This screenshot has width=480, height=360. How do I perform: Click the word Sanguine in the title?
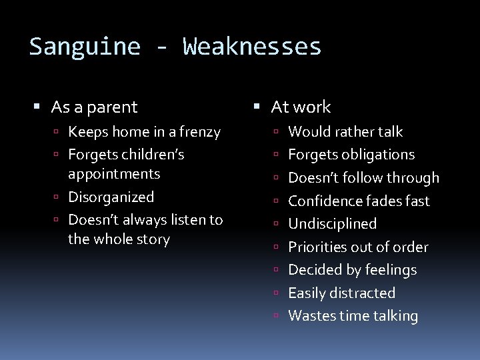point(85,47)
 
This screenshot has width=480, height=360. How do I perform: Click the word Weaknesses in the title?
point(252,47)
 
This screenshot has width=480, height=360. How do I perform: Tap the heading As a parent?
point(94,107)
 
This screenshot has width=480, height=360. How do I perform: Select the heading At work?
point(301,107)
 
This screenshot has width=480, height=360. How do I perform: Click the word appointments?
point(114,174)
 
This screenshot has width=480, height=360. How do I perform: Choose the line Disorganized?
point(111,197)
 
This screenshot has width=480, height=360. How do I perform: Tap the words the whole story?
point(119,239)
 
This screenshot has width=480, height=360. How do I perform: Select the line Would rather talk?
point(345,132)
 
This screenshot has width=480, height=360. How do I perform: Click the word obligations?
point(381,155)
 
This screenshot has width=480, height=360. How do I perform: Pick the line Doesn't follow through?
point(363,178)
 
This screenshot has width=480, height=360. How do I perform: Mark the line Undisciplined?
point(332,224)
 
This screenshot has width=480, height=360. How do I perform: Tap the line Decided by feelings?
point(352,270)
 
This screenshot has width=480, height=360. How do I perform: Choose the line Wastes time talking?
point(353,316)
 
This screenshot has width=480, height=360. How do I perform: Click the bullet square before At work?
point(258,107)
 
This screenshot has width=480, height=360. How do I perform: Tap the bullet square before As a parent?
point(38,107)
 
